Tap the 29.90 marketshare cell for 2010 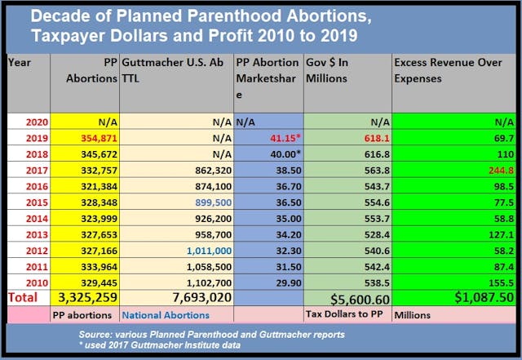[x=284, y=282]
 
